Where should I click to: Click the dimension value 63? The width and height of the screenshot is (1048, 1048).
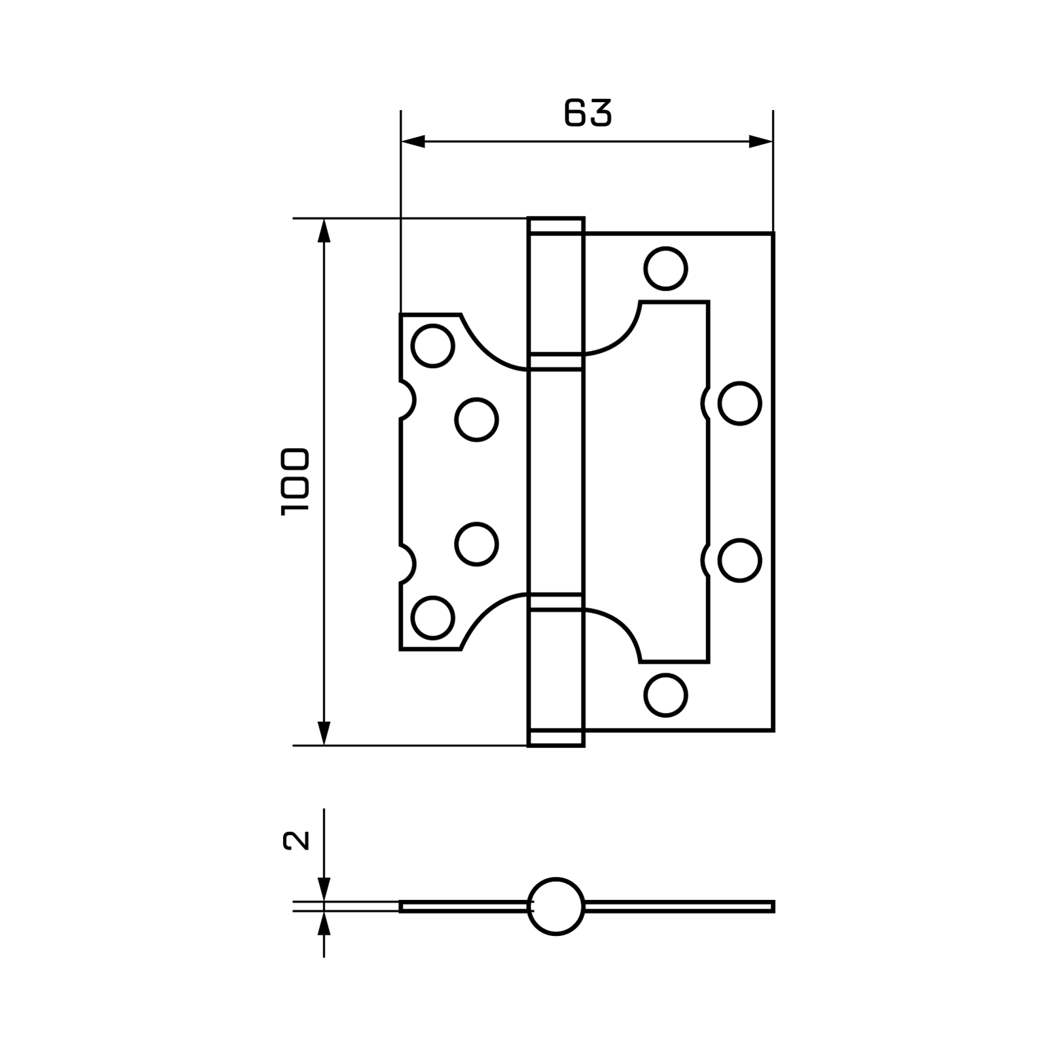588,113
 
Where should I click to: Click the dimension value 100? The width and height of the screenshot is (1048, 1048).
294,481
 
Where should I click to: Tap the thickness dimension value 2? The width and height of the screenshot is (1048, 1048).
295,840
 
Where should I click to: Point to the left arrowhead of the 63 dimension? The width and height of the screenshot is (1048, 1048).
413,141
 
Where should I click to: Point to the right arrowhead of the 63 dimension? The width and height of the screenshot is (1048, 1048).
760,141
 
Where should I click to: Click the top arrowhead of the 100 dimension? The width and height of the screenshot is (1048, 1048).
324,231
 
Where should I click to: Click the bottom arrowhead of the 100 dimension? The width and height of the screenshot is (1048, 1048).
324,733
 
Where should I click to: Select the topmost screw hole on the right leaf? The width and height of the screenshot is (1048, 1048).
665,269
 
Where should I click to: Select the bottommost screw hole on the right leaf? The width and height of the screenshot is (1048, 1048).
665,695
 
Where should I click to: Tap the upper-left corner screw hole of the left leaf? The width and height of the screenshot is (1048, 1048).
432,345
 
